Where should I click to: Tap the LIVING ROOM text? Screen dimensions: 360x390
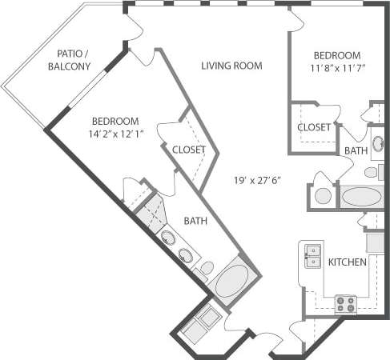[x=232, y=66]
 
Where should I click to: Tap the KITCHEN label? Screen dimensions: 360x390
[x=348, y=262]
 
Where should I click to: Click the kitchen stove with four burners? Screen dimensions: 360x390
[x=346, y=303]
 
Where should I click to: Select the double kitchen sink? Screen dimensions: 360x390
[x=312, y=255]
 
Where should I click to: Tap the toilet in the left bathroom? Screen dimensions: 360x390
[x=206, y=270]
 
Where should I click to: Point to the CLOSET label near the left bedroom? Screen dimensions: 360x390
[x=189, y=150]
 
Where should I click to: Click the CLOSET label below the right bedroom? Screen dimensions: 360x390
[x=314, y=127]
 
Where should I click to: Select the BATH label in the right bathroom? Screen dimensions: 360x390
[x=356, y=150]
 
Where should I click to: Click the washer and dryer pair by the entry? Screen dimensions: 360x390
[x=198, y=323]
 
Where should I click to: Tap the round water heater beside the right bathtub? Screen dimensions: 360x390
[x=324, y=195]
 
